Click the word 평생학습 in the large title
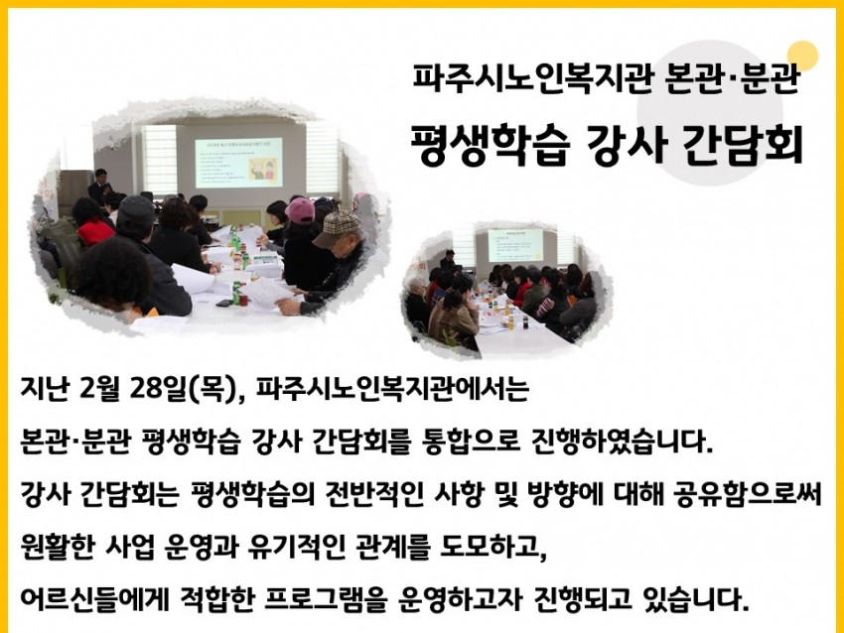coord(490,145)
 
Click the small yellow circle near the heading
coord(802,56)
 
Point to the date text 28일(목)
coord(183,389)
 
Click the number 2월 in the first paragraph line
coord(99,389)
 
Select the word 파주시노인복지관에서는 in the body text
coord(392,389)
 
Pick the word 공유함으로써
coord(747,494)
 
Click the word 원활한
coord(57,547)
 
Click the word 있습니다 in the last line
coord(695,599)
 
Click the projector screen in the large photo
coord(238,163)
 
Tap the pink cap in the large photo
coord(300,210)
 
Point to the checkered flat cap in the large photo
coord(337,227)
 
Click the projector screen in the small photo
coord(515,245)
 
